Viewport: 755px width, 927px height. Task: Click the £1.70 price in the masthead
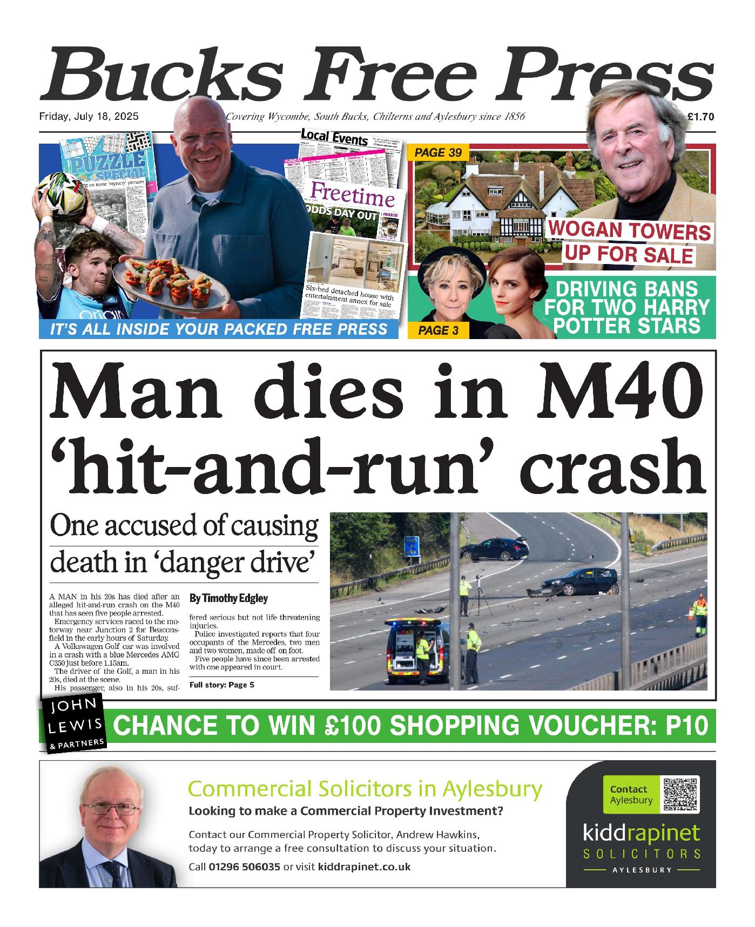click(701, 117)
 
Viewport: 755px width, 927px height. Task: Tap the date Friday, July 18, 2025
click(89, 117)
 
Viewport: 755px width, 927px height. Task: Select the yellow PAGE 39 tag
click(438, 153)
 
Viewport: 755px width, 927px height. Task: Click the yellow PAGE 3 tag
click(439, 330)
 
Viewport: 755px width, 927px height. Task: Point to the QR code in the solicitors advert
click(680, 794)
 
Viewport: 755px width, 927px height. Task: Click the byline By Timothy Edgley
click(228, 598)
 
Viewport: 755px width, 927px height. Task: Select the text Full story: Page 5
click(221, 685)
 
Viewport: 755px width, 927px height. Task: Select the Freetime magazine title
click(353, 195)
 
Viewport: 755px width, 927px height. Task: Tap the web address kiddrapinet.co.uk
click(365, 867)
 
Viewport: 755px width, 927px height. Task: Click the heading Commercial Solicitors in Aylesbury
click(365, 789)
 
